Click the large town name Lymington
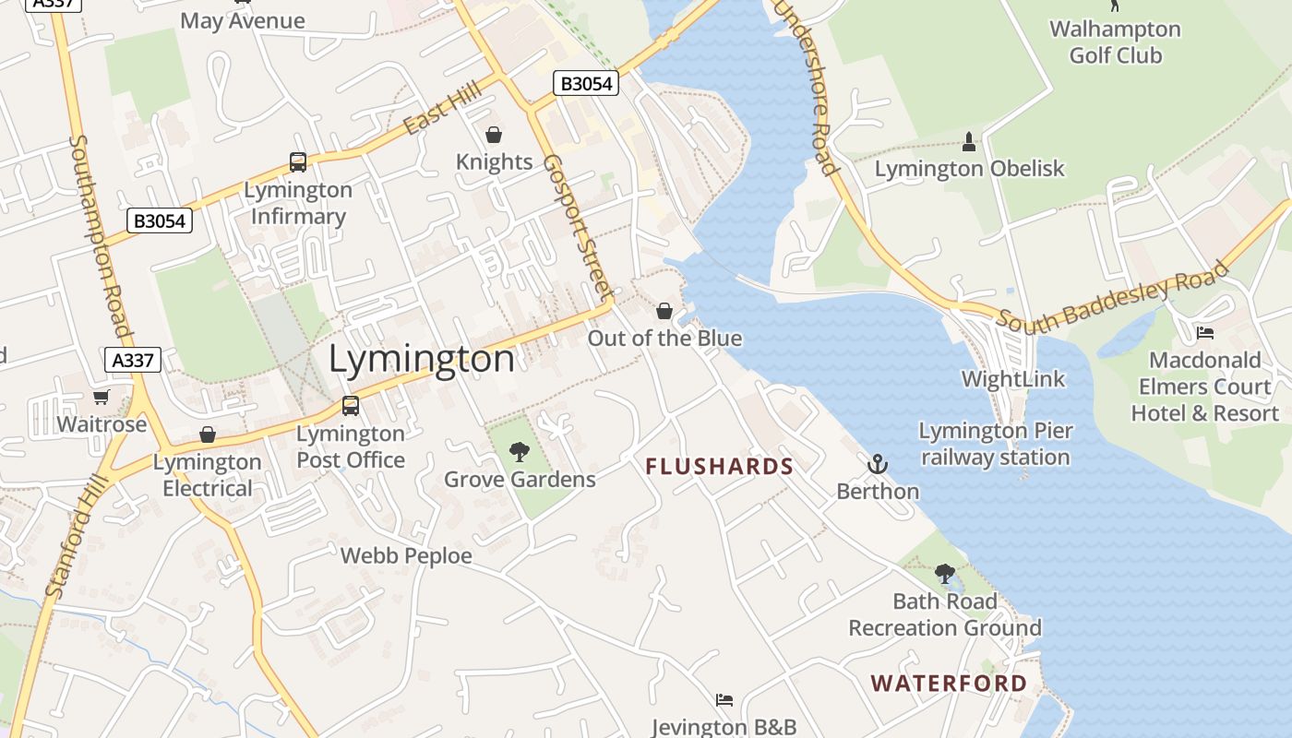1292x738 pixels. click(x=422, y=359)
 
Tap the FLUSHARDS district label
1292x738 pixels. click(x=720, y=467)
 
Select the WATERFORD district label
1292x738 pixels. click(x=950, y=684)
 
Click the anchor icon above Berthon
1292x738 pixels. click(x=878, y=464)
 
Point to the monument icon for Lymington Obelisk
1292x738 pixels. click(x=968, y=142)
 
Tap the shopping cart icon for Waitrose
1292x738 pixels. click(x=101, y=398)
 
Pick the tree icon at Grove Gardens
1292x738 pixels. click(x=520, y=452)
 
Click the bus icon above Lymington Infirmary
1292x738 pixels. click(x=298, y=162)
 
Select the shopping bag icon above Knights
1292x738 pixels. click(x=494, y=136)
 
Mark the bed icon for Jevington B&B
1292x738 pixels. click(x=724, y=700)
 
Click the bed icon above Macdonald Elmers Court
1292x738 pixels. click(x=1204, y=333)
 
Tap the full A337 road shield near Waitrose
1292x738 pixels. click(x=133, y=359)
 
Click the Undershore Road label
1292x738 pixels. click(x=807, y=88)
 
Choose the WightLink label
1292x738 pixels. click(x=1012, y=379)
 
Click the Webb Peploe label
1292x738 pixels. click(x=406, y=556)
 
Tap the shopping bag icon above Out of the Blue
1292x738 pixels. click(x=664, y=311)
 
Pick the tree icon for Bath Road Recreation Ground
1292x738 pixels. click(x=944, y=574)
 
